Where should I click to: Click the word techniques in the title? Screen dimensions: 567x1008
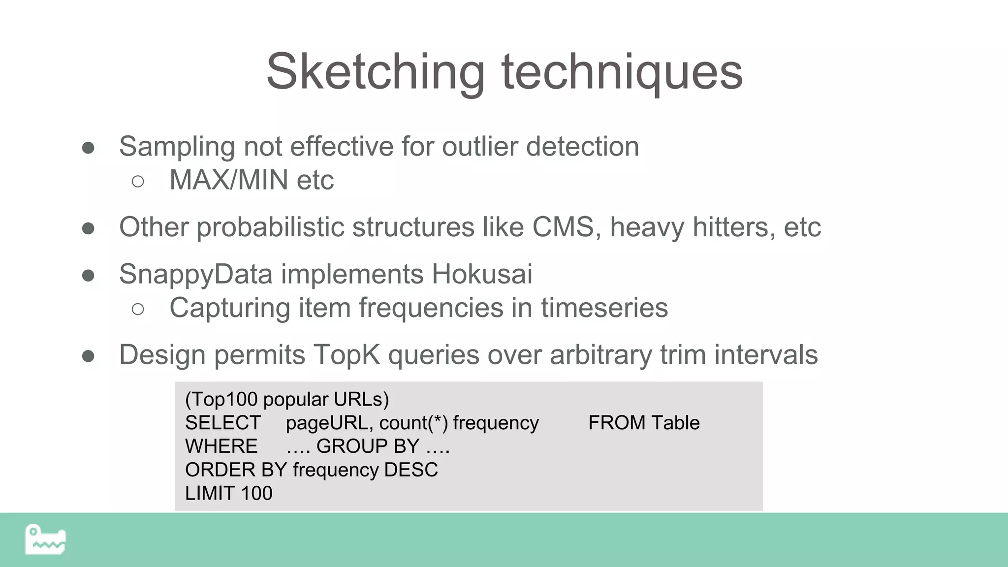(622, 72)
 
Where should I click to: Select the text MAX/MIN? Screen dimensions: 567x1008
(229, 180)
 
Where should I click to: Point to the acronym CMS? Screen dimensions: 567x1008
(563, 227)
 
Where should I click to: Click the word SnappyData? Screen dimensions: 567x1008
(195, 274)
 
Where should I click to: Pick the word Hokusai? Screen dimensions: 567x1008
(482, 274)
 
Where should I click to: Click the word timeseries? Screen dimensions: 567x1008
(604, 308)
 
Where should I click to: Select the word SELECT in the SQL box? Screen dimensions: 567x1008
(222, 423)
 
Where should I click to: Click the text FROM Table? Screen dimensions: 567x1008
(644, 423)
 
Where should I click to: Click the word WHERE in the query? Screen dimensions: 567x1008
(221, 446)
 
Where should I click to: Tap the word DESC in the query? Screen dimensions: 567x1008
(411, 470)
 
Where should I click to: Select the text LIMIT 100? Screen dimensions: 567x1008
(228, 493)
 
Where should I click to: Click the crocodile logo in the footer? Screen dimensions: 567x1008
(45, 539)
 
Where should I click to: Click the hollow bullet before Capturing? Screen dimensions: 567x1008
(138, 309)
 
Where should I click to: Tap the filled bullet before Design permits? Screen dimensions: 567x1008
(88, 356)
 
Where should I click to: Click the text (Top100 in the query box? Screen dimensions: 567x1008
(221, 399)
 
